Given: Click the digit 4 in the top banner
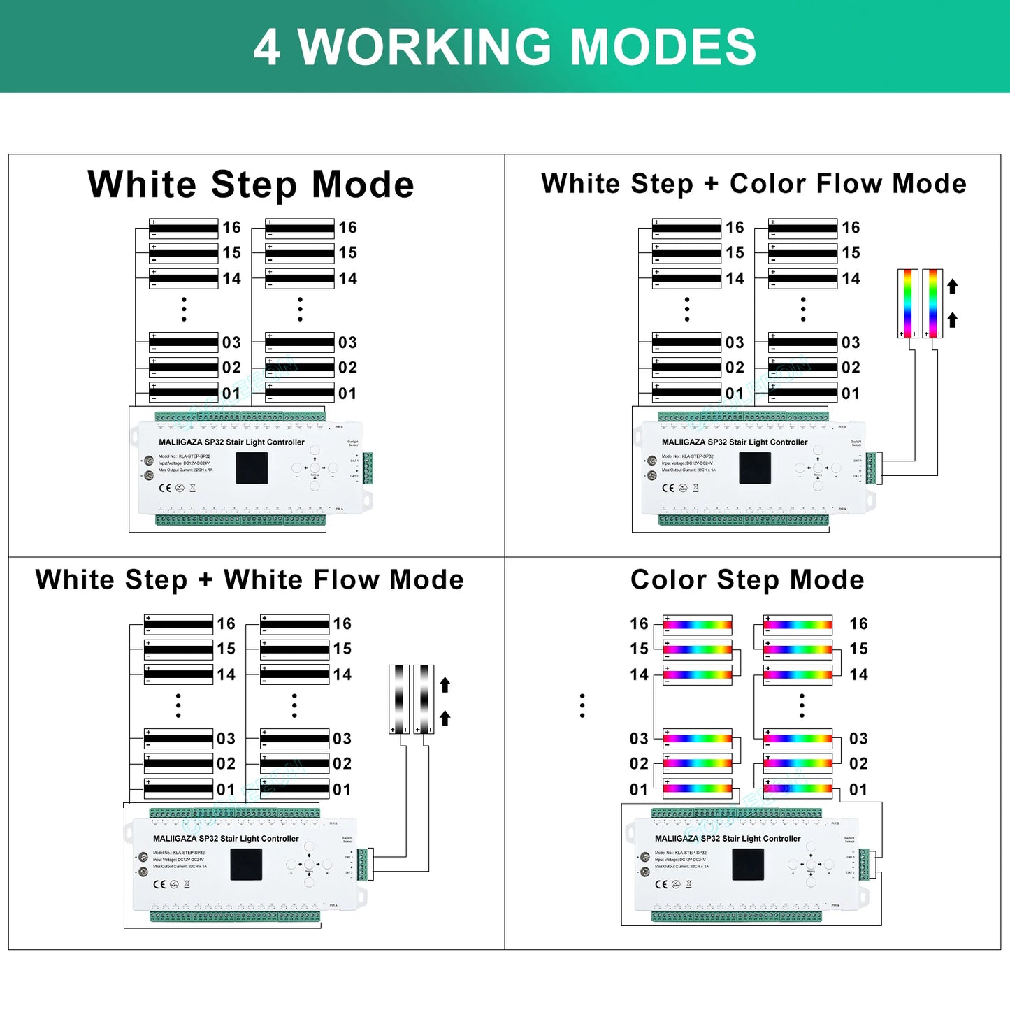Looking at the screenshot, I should click(267, 48).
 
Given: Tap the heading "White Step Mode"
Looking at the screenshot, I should click(251, 185).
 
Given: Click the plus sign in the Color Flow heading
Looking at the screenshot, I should click(711, 184).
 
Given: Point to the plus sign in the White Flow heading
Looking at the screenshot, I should click(205, 580).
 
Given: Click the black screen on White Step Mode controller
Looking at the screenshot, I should click(252, 468).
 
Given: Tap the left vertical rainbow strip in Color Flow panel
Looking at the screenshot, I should click(907, 303).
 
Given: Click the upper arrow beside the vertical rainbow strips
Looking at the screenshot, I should click(952, 287).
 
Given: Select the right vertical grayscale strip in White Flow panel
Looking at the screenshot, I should click(424, 699).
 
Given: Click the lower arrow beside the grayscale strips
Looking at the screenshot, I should click(445, 718).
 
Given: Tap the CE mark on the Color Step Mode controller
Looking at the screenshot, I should click(661, 884).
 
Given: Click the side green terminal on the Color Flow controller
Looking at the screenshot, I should click(871, 468).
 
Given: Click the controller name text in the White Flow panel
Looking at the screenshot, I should click(226, 839).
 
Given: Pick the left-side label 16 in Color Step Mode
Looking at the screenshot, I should click(639, 623).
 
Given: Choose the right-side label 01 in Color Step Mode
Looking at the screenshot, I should click(858, 790).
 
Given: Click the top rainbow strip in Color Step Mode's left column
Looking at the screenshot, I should click(698, 624).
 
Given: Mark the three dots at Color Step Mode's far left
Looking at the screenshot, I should click(582, 706).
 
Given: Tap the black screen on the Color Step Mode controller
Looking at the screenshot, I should click(748, 865).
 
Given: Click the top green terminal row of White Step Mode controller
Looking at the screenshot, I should click(240, 417).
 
